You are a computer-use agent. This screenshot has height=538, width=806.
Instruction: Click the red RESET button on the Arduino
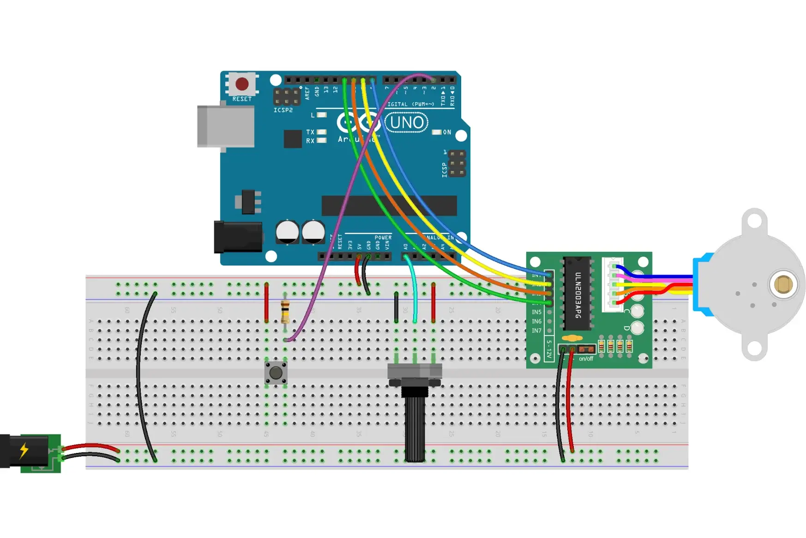pos(242,84)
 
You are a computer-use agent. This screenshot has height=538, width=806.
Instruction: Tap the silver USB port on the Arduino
pos(225,126)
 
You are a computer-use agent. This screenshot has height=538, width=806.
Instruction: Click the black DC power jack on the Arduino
pos(238,237)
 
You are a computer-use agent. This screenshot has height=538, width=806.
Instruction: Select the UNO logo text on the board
pos(406,122)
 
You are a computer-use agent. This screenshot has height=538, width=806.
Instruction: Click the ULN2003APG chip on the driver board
pos(577,294)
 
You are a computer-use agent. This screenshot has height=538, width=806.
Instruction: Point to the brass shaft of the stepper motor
pos(783,284)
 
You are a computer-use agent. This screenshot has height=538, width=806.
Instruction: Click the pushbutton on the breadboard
pos(276,373)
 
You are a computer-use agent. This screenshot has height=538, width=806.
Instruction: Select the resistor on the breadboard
pos(285,311)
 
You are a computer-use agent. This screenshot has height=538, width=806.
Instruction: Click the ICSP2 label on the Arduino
pos(283,110)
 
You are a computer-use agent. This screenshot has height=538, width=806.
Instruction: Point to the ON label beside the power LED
pos(447,132)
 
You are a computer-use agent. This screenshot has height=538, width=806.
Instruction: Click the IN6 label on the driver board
pos(536,321)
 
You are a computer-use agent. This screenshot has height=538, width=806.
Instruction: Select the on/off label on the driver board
pos(586,359)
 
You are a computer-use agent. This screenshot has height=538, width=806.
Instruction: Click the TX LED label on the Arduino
pos(310,132)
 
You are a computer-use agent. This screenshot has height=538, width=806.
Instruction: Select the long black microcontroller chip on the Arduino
pos(389,206)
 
